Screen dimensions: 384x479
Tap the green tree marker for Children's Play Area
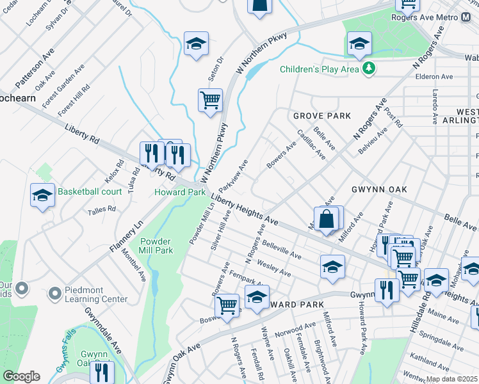[x=368, y=68]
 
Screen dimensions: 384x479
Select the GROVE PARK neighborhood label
[x=322, y=116]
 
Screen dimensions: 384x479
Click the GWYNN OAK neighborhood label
[x=375, y=190]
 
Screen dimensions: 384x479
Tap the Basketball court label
[x=90, y=191]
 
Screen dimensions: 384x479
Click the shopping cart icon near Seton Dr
[x=210, y=100]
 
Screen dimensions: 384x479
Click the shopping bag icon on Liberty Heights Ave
[x=327, y=218]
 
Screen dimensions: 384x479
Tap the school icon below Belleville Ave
[x=332, y=267]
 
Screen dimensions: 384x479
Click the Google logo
[x=21, y=376]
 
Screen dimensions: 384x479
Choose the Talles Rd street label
[x=102, y=209]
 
